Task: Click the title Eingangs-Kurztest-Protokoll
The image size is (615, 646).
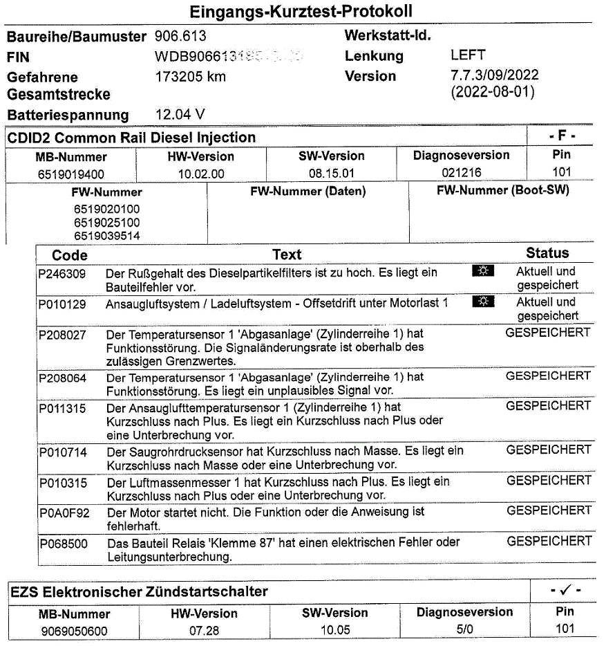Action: click(x=301, y=12)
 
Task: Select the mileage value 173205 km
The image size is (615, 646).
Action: click(x=191, y=77)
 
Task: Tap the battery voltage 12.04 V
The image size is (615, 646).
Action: click(x=180, y=114)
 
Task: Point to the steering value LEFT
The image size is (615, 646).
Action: click(x=468, y=55)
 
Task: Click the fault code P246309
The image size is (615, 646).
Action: click(x=62, y=274)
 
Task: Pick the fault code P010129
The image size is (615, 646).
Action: click(x=62, y=304)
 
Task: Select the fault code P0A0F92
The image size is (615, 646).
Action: click(x=64, y=513)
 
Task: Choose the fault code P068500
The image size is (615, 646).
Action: click(x=63, y=544)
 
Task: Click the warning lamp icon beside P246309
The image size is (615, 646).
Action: click(x=484, y=271)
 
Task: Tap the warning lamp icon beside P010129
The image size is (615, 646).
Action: click(x=484, y=302)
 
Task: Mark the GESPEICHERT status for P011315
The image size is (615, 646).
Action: click(x=548, y=406)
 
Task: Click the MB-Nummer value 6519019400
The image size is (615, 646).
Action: click(x=71, y=174)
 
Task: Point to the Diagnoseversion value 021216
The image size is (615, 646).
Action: click(x=461, y=173)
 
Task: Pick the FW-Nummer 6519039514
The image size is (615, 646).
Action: click(x=107, y=236)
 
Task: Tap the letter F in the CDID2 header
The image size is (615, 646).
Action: click(x=562, y=136)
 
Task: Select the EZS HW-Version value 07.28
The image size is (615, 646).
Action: click(x=204, y=631)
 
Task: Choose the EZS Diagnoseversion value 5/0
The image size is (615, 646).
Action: click(x=464, y=629)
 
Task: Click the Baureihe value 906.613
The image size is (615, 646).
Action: click(x=180, y=36)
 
